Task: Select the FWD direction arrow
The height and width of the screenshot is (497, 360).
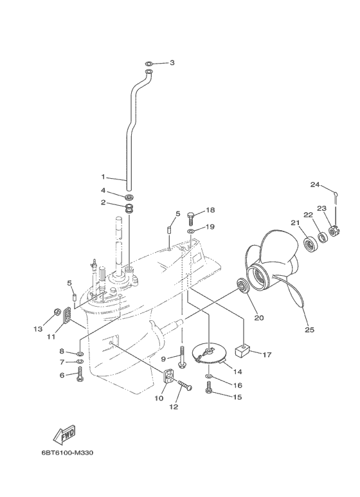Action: [65, 437]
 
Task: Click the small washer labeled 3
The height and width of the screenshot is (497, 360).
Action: [149, 63]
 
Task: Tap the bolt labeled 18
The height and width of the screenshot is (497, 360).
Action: [191, 216]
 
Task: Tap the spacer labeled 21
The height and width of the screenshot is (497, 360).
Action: [311, 244]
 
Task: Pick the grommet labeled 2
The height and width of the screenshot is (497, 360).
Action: [129, 209]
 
